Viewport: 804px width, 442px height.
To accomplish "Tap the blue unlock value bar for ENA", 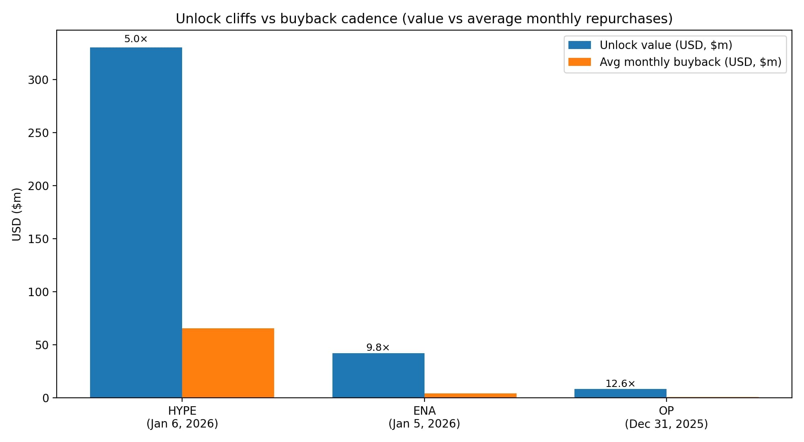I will click(378, 375).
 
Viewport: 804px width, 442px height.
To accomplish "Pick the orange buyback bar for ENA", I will click(470, 395).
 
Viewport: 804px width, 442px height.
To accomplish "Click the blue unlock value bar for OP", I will click(620, 393).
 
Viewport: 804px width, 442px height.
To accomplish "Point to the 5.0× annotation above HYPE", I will click(136, 39).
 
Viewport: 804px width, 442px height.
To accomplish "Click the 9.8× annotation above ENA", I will click(378, 347).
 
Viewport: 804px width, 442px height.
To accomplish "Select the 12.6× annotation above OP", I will click(620, 383).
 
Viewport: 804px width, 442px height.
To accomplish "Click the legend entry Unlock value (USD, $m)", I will click(666, 45).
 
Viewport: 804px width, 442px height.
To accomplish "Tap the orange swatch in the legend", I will click(579, 62).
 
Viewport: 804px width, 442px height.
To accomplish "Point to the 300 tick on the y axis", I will click(38, 80).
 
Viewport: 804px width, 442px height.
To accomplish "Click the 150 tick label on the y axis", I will click(38, 239).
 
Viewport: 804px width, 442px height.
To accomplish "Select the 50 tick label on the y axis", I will click(42, 345).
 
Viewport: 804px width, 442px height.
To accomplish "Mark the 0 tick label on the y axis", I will click(45, 398).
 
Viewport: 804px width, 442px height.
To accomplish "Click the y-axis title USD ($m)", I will click(16, 214).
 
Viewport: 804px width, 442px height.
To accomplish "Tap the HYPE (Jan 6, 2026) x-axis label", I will click(182, 417).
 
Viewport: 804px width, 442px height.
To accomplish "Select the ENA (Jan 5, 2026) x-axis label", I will click(424, 417).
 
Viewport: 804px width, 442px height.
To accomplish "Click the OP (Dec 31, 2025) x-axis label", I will click(666, 417).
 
